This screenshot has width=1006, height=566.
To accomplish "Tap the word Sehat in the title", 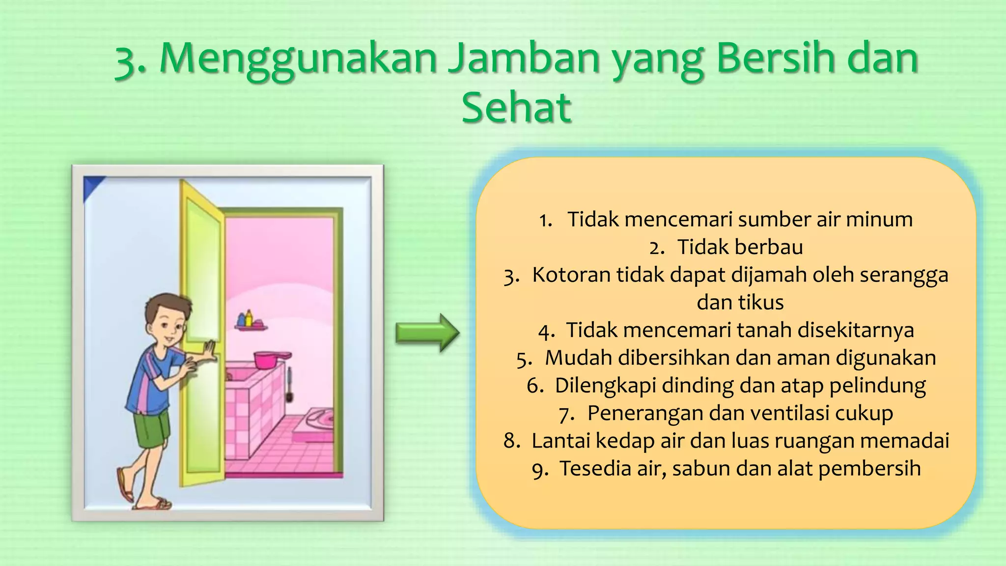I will [x=516, y=108].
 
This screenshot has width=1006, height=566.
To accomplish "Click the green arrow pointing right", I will [x=427, y=333].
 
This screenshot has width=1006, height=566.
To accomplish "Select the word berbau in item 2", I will [x=740, y=247].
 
